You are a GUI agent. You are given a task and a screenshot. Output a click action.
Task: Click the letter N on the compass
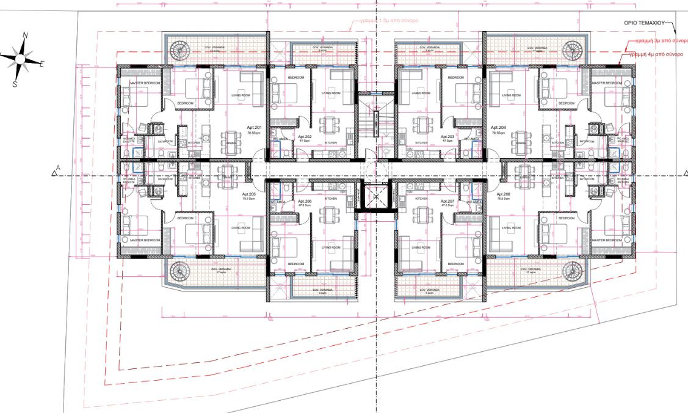(25, 36)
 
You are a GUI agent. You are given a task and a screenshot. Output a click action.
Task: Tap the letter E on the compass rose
(42, 64)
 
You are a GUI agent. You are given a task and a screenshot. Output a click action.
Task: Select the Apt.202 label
(304, 137)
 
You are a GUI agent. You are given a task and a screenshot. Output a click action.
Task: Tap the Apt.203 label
(447, 137)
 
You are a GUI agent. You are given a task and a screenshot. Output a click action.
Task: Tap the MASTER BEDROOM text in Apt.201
(145, 82)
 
